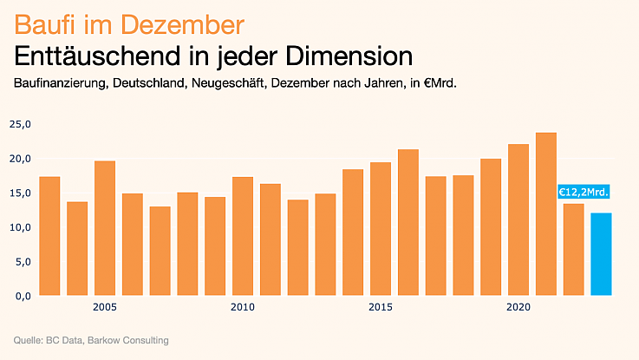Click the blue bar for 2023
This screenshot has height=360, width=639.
[601, 254]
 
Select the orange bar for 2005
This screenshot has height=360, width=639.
[105, 228]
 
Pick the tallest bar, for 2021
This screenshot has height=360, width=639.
[546, 214]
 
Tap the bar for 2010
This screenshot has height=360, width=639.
[243, 236]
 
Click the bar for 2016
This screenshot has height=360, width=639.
[408, 222]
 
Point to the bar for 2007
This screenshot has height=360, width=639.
[160, 251]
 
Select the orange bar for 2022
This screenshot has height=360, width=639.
[573, 250]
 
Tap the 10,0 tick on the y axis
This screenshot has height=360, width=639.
[20, 227]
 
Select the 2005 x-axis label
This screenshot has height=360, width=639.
[105, 307]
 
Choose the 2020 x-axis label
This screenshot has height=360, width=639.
[518, 307]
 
